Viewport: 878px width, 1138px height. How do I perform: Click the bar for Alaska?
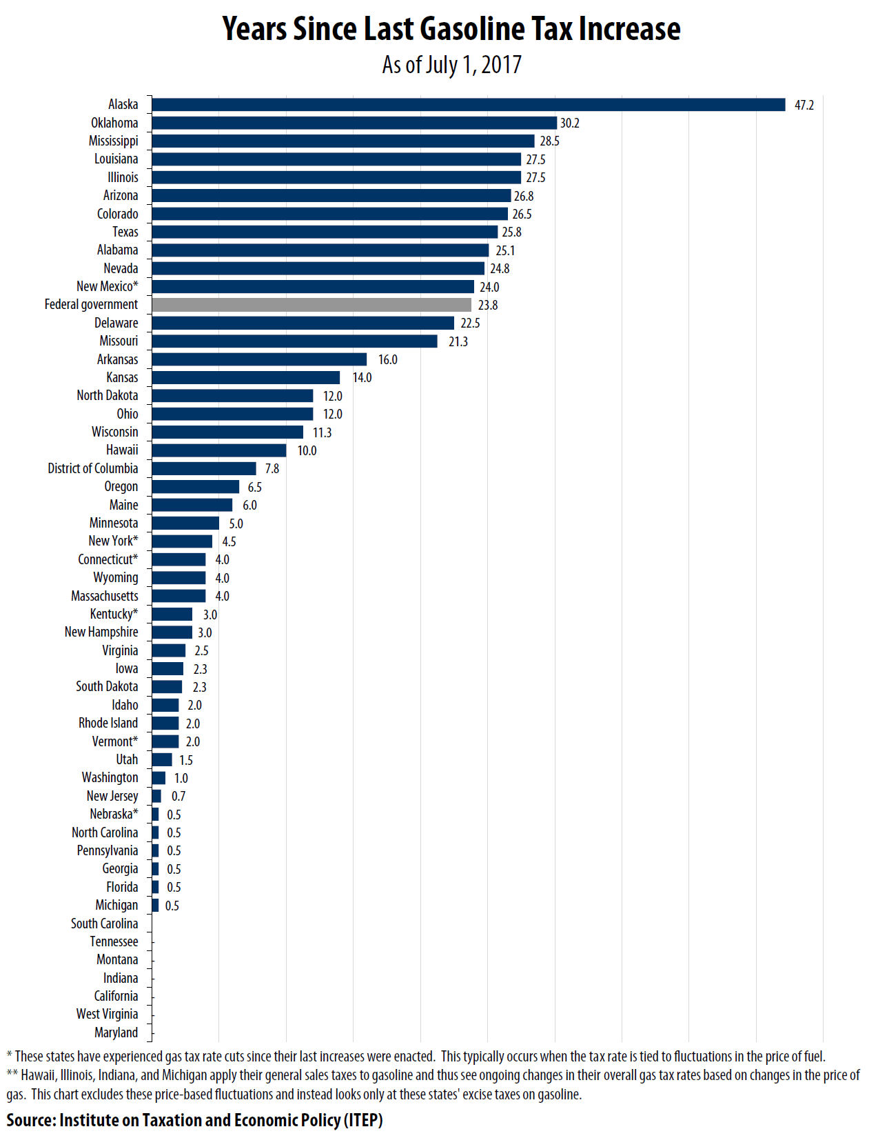click(469, 105)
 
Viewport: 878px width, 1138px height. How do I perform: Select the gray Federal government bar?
click(312, 305)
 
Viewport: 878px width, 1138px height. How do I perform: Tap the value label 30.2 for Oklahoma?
click(569, 123)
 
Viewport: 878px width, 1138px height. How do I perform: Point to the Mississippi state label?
click(113, 141)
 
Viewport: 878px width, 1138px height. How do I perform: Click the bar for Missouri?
click(294, 341)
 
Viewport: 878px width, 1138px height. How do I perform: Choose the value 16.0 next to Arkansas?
click(387, 359)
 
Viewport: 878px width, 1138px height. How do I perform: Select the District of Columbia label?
click(92, 468)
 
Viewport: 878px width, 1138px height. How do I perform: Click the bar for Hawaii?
click(219, 450)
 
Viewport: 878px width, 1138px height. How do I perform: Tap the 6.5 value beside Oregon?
click(254, 487)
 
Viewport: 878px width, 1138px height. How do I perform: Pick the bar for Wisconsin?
click(227, 432)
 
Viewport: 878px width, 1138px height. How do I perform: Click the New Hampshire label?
click(101, 632)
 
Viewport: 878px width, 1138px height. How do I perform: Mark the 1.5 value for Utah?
click(186, 760)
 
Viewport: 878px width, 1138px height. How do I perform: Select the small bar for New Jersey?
click(156, 796)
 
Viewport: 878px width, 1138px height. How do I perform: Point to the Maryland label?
click(116, 1032)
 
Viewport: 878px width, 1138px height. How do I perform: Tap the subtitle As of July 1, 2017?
click(451, 65)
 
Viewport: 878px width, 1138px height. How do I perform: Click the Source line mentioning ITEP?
click(194, 1120)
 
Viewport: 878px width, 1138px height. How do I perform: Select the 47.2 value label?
click(804, 105)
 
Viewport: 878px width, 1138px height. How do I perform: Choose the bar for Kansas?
click(245, 378)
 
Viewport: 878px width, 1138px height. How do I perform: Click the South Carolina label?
click(104, 924)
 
